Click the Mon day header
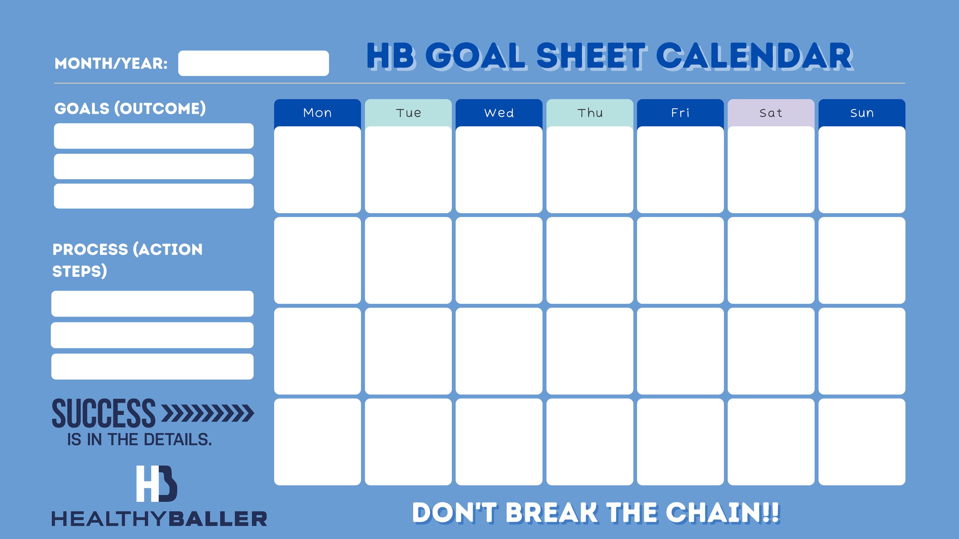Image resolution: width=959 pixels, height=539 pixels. click(x=317, y=113)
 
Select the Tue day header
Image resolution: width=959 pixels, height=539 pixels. click(x=408, y=113)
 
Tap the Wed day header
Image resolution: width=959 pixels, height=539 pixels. click(x=499, y=113)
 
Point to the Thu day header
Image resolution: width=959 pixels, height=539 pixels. click(x=590, y=113)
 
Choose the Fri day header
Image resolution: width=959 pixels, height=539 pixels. click(x=680, y=113)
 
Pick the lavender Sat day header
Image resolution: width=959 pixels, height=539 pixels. click(x=771, y=113)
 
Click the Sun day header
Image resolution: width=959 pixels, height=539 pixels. click(x=862, y=113)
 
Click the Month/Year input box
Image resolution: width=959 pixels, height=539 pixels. click(x=254, y=63)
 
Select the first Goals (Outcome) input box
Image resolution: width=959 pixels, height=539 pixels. click(x=154, y=136)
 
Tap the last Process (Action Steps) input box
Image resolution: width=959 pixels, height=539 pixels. click(x=152, y=366)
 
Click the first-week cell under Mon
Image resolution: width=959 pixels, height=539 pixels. click(x=317, y=170)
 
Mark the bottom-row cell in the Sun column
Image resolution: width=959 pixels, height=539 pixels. click(x=862, y=442)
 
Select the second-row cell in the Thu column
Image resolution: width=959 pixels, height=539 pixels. click(x=590, y=260)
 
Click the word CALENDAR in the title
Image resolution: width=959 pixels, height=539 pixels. click(x=755, y=56)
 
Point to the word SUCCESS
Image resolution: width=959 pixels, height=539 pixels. click(x=104, y=413)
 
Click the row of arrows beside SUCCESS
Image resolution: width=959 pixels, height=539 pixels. click(x=208, y=413)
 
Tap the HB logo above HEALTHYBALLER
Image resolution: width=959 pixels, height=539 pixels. click(x=157, y=483)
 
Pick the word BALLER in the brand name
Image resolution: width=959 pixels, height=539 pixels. click(x=218, y=519)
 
